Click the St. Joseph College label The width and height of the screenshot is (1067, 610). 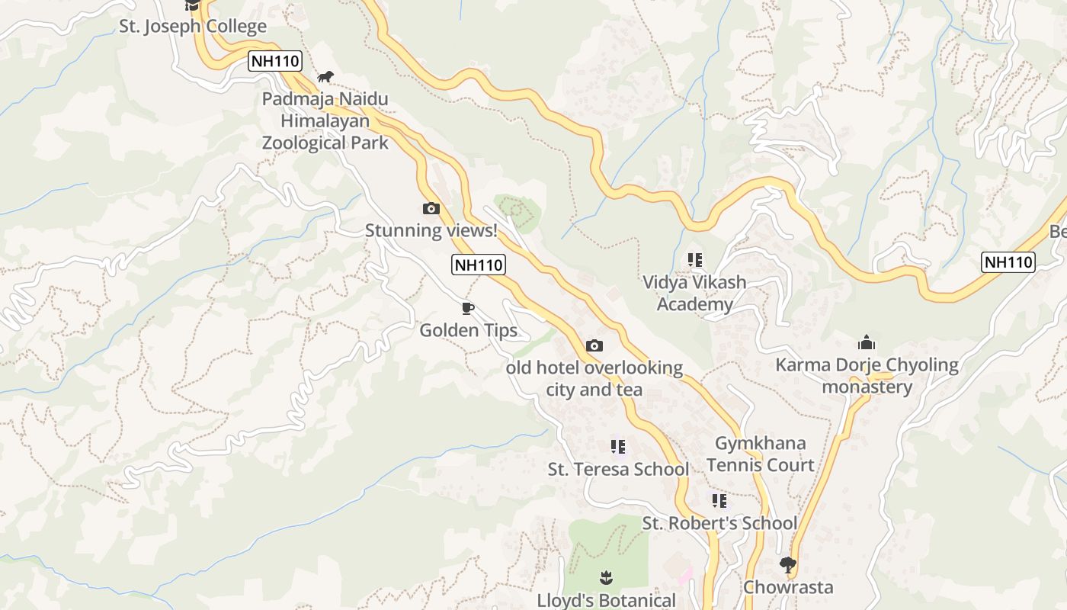[x=193, y=27]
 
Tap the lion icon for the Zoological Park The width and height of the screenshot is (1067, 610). [x=325, y=76]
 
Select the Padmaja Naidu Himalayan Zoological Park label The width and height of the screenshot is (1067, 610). [x=325, y=120]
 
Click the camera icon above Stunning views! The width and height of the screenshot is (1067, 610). [x=431, y=208]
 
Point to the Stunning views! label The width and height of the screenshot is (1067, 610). [x=431, y=230]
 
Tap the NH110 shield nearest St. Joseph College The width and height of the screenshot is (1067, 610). [x=275, y=61]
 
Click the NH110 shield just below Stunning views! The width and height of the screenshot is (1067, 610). [x=479, y=265]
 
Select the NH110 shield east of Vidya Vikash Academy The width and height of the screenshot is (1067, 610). [x=1008, y=262]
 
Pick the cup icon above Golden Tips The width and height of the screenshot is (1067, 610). [x=468, y=308]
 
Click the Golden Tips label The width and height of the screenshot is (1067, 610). [x=468, y=330]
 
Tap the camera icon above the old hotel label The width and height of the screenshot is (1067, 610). [x=594, y=345]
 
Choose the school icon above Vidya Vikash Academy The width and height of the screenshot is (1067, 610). [x=694, y=260]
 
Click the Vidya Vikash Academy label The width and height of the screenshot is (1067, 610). [x=694, y=294]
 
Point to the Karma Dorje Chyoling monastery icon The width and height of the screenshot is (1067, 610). [x=867, y=342]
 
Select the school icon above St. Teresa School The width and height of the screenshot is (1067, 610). [x=618, y=446]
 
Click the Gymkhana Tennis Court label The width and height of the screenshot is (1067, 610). [x=760, y=454]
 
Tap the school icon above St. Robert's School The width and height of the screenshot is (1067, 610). [x=719, y=501]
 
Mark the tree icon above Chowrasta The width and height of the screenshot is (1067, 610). [x=788, y=565]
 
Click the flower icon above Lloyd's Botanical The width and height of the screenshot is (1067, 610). [x=606, y=577]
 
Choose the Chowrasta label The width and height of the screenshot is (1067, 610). [x=788, y=587]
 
